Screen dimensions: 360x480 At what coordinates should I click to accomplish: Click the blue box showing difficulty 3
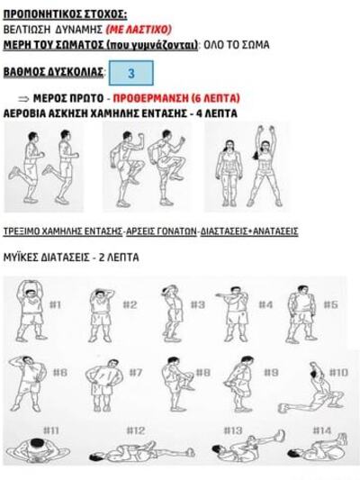131,73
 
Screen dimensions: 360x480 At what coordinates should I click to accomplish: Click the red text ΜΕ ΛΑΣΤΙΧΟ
139,30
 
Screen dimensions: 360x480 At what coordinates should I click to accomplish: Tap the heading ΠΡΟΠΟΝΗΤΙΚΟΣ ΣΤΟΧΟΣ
65,14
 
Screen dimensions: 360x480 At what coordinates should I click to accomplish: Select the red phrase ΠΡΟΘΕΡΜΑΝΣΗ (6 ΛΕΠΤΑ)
176,98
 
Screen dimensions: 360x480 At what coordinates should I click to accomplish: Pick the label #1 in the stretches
55,304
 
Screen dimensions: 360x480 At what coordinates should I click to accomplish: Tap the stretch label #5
330,304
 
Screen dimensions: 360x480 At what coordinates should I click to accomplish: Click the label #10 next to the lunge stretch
338,373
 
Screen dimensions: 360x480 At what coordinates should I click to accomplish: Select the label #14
322,430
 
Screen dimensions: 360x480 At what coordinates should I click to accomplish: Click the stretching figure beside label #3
173,312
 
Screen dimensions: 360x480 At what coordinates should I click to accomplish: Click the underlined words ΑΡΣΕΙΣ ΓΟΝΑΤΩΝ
161,231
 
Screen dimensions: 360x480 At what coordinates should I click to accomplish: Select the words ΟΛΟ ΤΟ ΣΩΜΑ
237,45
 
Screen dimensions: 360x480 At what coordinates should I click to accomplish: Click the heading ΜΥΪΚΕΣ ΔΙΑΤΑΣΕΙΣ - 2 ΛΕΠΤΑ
71,258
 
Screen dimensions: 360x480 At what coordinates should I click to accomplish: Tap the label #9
271,373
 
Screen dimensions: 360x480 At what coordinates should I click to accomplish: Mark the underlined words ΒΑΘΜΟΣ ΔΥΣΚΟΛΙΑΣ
53,72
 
